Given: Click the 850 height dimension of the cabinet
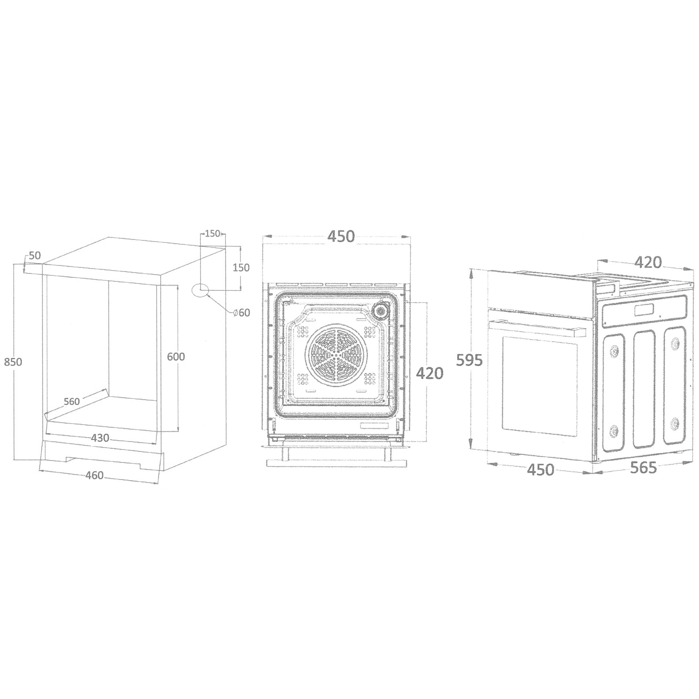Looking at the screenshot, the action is [x=13, y=361].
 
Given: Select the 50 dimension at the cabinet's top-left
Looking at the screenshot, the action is [x=35, y=256].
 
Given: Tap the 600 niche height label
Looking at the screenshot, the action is [x=176, y=356].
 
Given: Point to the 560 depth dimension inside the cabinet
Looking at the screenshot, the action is [x=72, y=401].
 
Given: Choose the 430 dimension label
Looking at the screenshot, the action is [x=100, y=438].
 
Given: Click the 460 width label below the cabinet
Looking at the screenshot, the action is [x=94, y=475].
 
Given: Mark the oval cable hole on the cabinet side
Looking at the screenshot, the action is [x=201, y=290].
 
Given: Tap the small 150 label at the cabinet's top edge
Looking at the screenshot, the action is [x=212, y=234].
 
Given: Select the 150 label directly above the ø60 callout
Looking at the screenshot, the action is [x=241, y=267].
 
